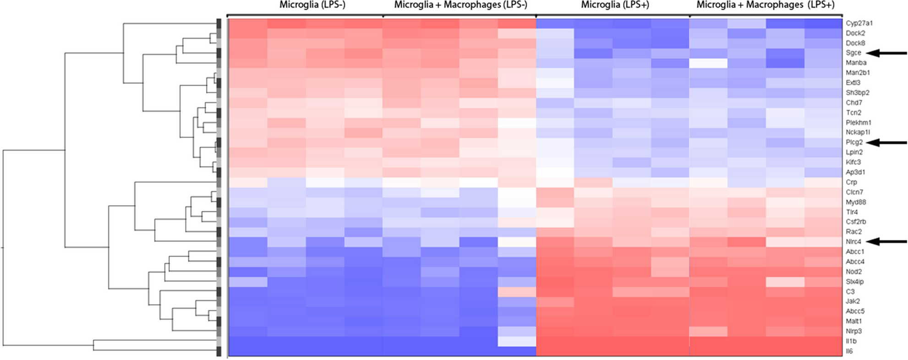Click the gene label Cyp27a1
[859, 23]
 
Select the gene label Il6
[849, 351]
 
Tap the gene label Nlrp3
[854, 331]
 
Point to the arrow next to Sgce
[886, 53]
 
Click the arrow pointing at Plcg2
[886, 142]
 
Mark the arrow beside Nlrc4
[886, 241]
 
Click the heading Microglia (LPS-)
[312, 5]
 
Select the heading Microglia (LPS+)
[615, 5]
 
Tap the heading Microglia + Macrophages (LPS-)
[460, 5]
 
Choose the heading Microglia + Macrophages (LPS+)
[766, 5]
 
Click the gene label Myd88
[856, 202]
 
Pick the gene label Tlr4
[852, 212]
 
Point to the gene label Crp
[851, 182]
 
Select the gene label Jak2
[853, 301]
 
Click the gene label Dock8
[855, 43]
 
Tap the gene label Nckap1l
[858, 132]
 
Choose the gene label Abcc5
[855, 311]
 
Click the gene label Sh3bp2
[858, 93]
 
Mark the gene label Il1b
[851, 341]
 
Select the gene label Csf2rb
[856, 222]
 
